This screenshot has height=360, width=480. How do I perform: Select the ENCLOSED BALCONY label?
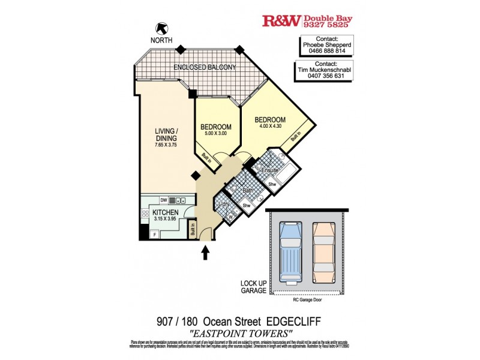pyautogui.click(x=205, y=67)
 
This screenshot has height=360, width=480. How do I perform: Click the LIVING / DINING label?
pyautogui.click(x=166, y=134)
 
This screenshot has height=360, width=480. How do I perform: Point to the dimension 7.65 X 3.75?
pyautogui.click(x=166, y=145)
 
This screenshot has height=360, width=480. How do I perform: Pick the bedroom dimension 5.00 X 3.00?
pyautogui.click(x=216, y=134)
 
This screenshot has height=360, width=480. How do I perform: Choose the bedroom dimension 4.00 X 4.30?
pyautogui.click(x=270, y=127)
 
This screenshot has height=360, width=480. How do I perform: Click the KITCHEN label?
pyautogui.click(x=165, y=213)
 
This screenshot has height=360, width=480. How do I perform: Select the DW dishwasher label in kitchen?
pyautogui.click(x=163, y=200)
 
